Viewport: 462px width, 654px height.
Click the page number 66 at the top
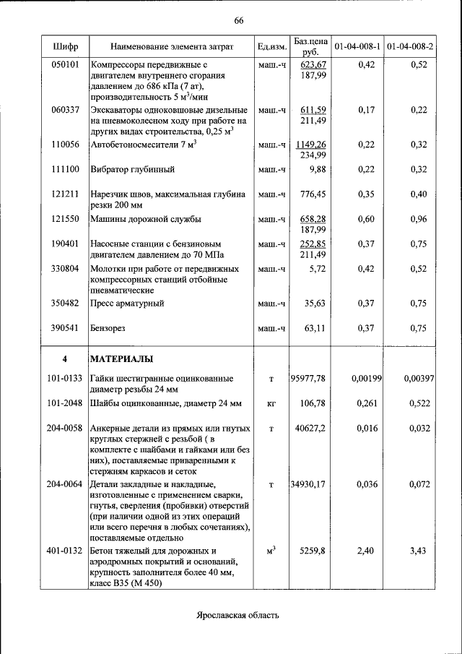click(239, 20)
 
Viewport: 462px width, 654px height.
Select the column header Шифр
click(66, 47)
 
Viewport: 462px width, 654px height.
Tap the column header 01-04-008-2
click(409, 47)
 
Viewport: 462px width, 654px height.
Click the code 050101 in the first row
click(66, 65)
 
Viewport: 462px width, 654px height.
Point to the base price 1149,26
click(311, 145)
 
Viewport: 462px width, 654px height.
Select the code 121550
click(66, 219)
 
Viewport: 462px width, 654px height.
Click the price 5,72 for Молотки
click(317, 269)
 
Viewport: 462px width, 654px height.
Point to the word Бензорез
click(108, 328)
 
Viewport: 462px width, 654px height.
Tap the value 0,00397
click(418, 378)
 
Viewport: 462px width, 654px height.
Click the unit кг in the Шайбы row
click(271, 403)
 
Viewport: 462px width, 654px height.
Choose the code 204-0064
click(65, 483)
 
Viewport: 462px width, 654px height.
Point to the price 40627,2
click(311, 428)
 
